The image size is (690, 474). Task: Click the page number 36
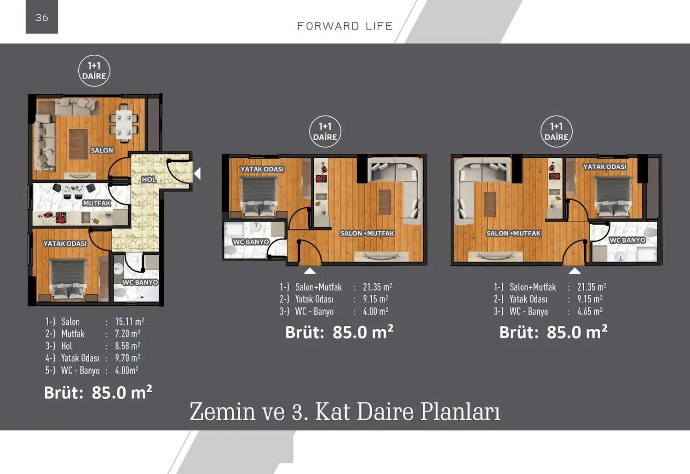click(x=42, y=17)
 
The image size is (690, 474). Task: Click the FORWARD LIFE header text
click(x=345, y=26)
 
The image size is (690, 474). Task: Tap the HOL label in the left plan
click(x=149, y=179)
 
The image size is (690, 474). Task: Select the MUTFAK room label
click(x=97, y=203)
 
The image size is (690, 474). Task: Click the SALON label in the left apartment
click(x=102, y=150)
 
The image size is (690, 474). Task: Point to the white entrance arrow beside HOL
click(x=198, y=173)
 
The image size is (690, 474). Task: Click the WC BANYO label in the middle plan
click(x=251, y=242)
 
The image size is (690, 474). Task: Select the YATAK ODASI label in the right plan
click(x=604, y=167)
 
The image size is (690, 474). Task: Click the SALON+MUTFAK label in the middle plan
click(x=367, y=234)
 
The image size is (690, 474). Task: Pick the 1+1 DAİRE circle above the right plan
click(x=556, y=131)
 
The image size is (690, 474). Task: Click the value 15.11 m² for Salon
click(x=129, y=321)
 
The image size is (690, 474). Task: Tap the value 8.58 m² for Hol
click(x=127, y=346)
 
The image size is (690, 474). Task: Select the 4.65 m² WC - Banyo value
click(x=590, y=311)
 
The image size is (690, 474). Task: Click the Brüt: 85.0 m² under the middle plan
click(x=339, y=332)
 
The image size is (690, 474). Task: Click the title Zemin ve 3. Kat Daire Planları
click(x=345, y=411)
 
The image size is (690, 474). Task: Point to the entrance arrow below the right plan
click(x=575, y=271)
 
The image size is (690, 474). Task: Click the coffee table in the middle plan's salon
click(x=385, y=202)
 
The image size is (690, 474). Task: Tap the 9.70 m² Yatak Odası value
click(x=127, y=358)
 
